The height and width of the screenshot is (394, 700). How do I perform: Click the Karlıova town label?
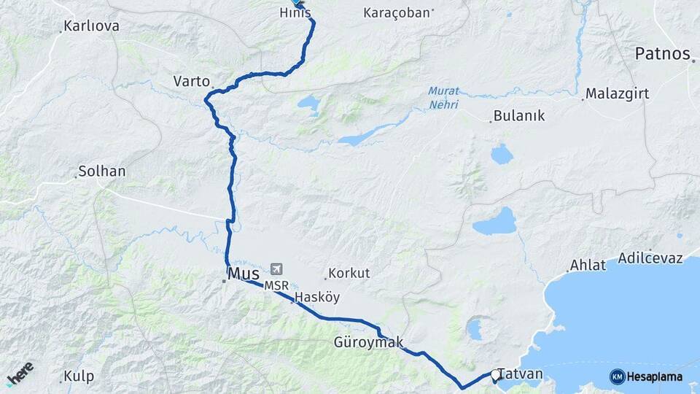tap(91, 26)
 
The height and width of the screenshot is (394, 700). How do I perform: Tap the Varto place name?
tap(192, 81)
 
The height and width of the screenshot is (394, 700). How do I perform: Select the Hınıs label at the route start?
tap(295, 13)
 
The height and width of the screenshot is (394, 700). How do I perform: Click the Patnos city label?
tap(662, 53)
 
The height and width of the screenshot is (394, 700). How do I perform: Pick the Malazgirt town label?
tap(618, 95)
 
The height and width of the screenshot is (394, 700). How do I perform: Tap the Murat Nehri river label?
tap(443, 97)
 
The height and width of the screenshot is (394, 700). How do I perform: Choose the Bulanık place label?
tap(519, 116)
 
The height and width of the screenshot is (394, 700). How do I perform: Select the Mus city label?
tap(244, 274)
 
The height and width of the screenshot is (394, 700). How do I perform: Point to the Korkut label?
tap(349, 274)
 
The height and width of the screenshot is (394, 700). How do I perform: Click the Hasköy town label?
tap(317, 298)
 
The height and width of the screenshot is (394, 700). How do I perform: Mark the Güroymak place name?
tap(368, 342)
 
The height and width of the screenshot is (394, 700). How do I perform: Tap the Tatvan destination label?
tap(521, 374)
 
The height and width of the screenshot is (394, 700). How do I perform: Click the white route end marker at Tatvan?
tap(495, 375)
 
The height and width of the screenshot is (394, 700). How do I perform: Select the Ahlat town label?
tap(588, 266)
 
